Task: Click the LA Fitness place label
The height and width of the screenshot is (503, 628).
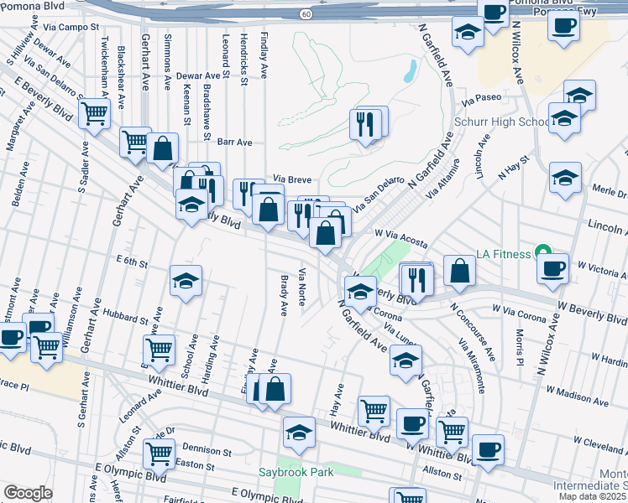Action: point(504,253)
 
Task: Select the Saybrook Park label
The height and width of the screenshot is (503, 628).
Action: point(296,472)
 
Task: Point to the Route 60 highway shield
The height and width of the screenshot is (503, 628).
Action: point(307,13)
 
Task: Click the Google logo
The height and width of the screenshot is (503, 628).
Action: point(28,493)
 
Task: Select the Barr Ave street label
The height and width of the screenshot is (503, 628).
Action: point(235,143)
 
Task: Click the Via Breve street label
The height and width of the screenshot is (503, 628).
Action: point(293,179)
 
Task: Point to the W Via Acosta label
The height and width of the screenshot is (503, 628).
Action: point(401,239)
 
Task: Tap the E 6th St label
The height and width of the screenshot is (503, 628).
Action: point(132,263)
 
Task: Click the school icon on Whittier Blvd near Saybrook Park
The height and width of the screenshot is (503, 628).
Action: point(299,431)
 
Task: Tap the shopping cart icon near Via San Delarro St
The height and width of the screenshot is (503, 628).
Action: point(95,113)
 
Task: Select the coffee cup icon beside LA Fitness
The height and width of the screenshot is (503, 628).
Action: point(553,268)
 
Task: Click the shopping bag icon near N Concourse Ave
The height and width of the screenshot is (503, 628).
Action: point(459,270)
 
